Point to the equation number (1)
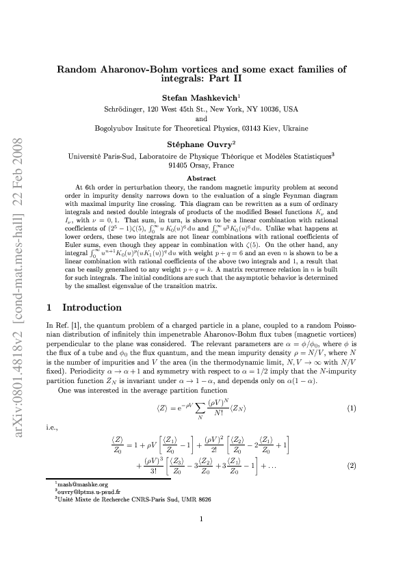tap(352, 408)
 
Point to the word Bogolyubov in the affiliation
tap(114, 127)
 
